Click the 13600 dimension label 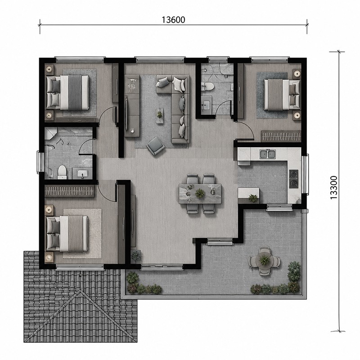[x=173, y=20]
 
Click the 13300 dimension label [x=333, y=188]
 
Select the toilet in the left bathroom [x=62, y=172]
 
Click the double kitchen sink [x=268, y=154]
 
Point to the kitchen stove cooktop [x=294, y=179]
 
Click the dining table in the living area [x=200, y=193]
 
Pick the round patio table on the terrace [x=265, y=260]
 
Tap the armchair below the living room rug [x=156, y=146]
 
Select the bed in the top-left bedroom [x=68, y=92]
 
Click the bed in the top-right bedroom [x=282, y=94]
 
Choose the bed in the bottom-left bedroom [x=67, y=233]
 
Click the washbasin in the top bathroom [x=207, y=105]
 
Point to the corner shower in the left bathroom [x=50, y=133]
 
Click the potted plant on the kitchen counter [x=253, y=198]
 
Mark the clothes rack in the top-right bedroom [x=281, y=136]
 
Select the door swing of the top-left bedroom [x=107, y=116]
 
